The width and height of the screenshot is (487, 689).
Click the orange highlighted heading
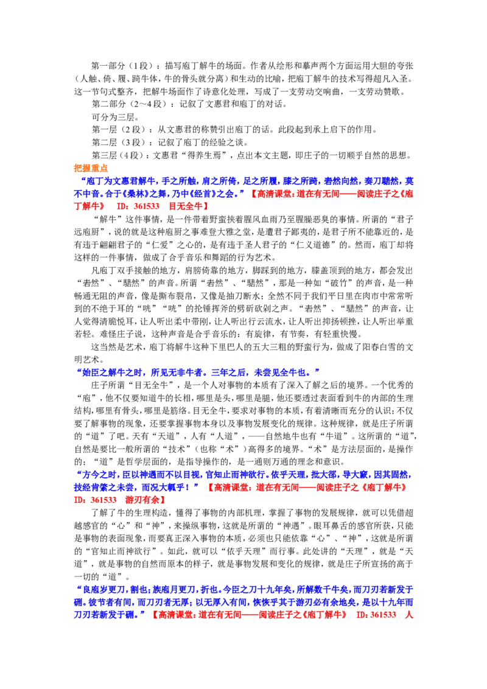pyautogui.click(x=92, y=168)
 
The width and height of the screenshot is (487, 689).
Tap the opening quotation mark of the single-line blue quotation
pyautogui.click(x=77, y=371)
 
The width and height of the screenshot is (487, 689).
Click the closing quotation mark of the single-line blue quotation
pyautogui.click(x=317, y=371)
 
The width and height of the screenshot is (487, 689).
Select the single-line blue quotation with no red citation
pyautogui.click(x=197, y=371)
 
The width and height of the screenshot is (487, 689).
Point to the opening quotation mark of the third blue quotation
pyautogui.click(x=77, y=474)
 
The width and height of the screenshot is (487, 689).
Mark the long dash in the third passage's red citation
pyautogui.click(x=307, y=487)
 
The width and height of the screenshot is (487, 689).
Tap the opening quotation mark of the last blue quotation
pyautogui.click(x=77, y=589)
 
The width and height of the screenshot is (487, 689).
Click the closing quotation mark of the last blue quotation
pyautogui.click(x=144, y=615)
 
